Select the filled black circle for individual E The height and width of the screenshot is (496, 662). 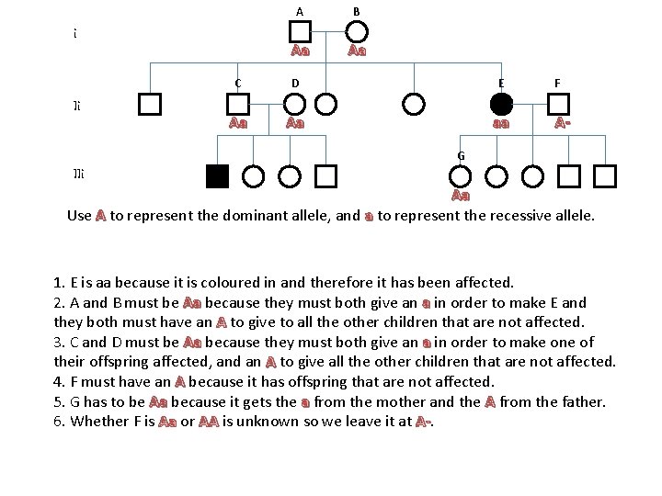coord(501,104)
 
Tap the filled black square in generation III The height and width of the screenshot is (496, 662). coord(217,175)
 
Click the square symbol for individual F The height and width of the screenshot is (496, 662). coord(558,104)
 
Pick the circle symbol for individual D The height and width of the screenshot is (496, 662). coord(294,104)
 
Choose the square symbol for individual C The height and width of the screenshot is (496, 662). coord(238,104)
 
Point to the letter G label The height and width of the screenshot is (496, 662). coord(461,155)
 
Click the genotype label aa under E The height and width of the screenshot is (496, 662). coord(501,123)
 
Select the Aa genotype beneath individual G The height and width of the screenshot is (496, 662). coord(461,195)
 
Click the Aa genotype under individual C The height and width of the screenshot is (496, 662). coord(238,123)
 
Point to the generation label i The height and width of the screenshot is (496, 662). coord(74,33)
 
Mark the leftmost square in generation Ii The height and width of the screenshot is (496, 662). coord(150,104)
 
